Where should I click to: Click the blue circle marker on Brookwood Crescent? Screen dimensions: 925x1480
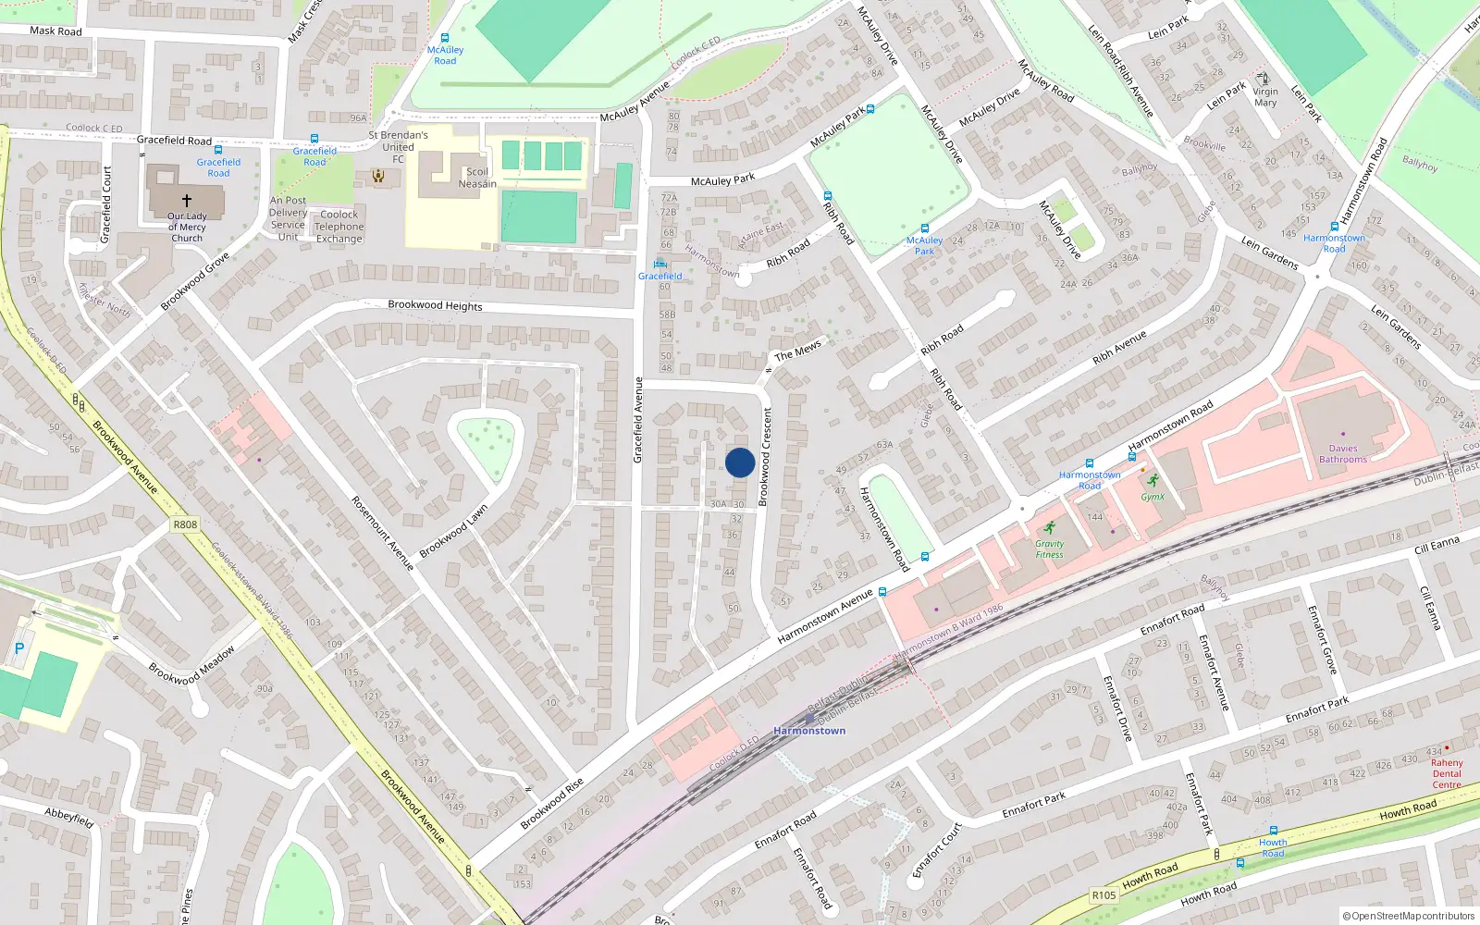[x=740, y=462]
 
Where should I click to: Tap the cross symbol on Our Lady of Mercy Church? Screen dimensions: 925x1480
[x=187, y=200]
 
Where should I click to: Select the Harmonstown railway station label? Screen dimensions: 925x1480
[x=809, y=731]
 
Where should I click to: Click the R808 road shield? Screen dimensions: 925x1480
[x=185, y=524]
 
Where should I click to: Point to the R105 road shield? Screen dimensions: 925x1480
[x=1104, y=894]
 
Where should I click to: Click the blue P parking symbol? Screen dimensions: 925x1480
[x=19, y=649]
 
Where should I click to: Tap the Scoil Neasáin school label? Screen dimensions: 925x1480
[x=477, y=178]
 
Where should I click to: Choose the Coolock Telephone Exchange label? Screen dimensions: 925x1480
[x=339, y=227]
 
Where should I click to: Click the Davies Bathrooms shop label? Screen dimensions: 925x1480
[x=1343, y=454]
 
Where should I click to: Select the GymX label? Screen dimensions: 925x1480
[x=1153, y=497]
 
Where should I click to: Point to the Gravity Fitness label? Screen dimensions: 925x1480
[x=1049, y=549]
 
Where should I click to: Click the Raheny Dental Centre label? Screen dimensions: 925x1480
[x=1447, y=773]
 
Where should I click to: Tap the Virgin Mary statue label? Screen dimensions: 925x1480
[x=1265, y=97]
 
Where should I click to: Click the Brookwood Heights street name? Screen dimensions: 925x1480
[x=435, y=305]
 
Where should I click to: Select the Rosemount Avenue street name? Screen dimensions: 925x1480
[x=382, y=533]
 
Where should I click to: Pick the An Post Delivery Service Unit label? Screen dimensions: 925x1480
[x=288, y=218]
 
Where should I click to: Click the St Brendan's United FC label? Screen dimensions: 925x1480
[x=398, y=147]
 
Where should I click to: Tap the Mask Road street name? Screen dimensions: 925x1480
[x=55, y=31]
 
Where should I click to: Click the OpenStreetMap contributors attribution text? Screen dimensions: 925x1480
[x=1409, y=917]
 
